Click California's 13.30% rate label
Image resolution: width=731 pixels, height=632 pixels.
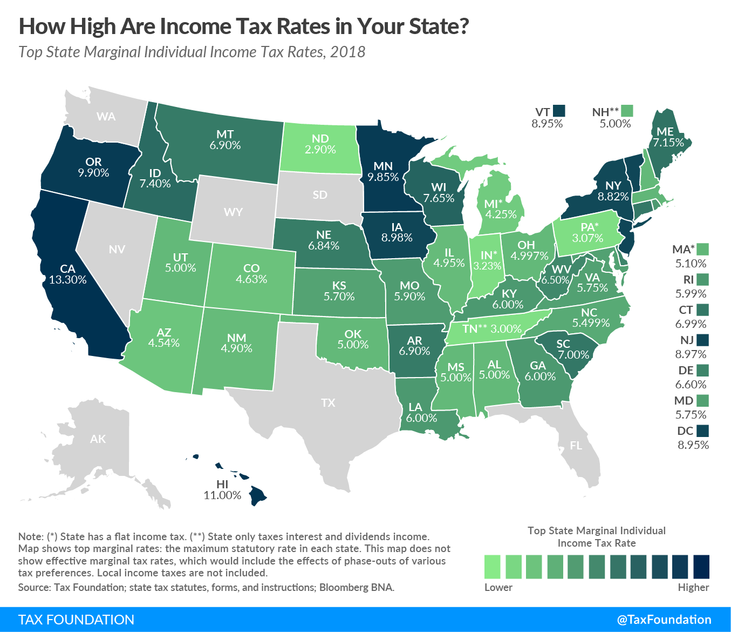click(x=67, y=280)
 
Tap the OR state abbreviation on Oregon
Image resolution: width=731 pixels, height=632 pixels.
click(x=93, y=162)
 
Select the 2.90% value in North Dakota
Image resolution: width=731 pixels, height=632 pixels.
click(x=320, y=150)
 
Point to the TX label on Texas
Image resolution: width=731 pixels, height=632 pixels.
click(x=328, y=402)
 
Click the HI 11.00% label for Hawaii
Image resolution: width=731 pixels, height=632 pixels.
click(x=222, y=489)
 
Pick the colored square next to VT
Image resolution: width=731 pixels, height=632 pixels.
click(x=559, y=111)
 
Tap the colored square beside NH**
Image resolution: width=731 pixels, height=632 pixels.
click(x=627, y=111)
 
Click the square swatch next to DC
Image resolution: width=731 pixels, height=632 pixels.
click(x=702, y=431)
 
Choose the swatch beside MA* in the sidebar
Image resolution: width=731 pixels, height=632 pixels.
click(x=702, y=249)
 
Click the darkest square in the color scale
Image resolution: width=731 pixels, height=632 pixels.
click(x=701, y=567)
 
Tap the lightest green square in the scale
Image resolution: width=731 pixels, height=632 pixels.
click(x=492, y=567)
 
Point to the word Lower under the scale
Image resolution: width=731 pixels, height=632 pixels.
click(x=498, y=587)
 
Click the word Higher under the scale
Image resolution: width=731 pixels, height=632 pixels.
click(x=693, y=587)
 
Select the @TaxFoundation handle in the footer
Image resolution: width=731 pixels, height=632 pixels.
click(x=664, y=620)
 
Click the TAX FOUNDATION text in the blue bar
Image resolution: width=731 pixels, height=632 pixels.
click(x=76, y=620)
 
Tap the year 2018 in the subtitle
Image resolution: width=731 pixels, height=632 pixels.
click(x=347, y=52)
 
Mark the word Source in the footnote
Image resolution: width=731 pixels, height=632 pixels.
click(x=33, y=587)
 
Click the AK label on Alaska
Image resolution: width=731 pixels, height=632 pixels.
click(x=98, y=439)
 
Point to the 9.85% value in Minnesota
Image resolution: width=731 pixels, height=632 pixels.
click(x=383, y=177)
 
